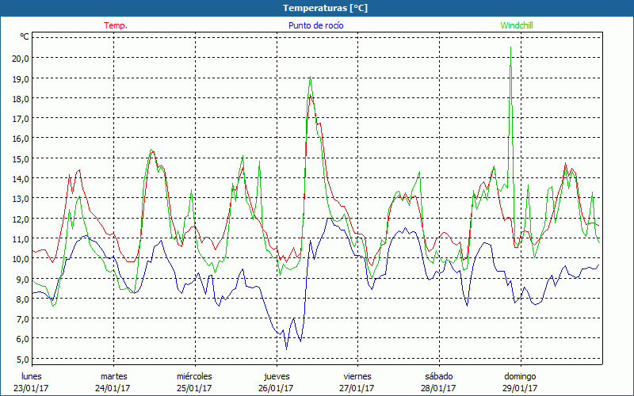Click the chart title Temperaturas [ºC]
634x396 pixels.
[x=326, y=8]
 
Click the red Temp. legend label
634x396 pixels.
[x=116, y=25]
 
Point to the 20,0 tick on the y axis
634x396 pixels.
[x=20, y=58]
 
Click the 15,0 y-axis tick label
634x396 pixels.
[x=20, y=158]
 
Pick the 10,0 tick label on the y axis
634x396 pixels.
[x=20, y=259]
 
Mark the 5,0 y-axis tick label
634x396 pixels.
[x=21, y=359]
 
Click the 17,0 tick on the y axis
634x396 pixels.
[x=20, y=118]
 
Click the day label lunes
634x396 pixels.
[x=31, y=376]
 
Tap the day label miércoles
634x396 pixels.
[x=194, y=376]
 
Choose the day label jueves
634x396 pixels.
[x=277, y=376]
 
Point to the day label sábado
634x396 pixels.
[x=438, y=376]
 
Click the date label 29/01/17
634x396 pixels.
[x=520, y=388]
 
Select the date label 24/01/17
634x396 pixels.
[x=114, y=388]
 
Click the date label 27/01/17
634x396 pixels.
[x=357, y=388]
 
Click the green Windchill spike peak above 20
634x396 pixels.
[x=510, y=48]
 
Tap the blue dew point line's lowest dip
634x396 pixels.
[x=287, y=348]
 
